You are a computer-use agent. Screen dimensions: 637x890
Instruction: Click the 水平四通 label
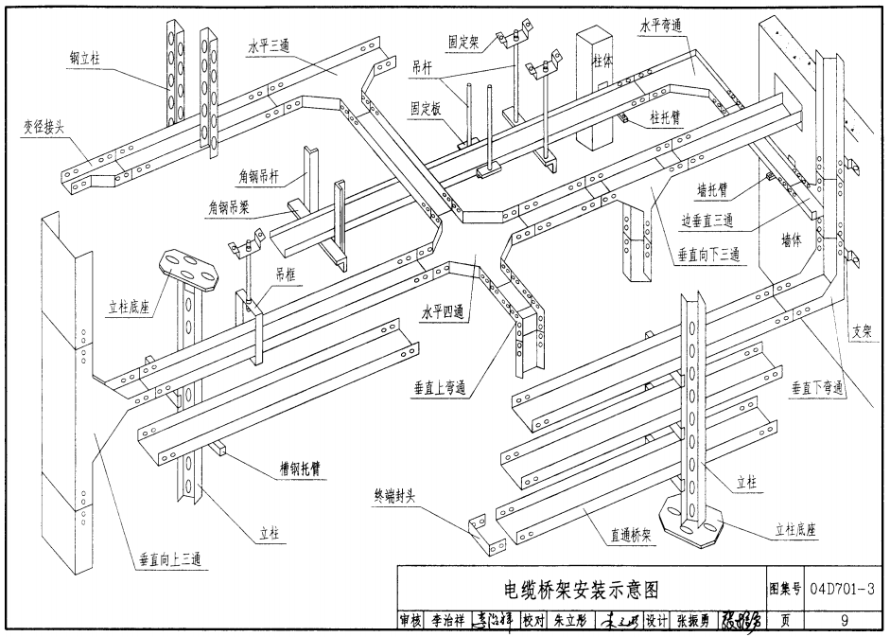point(445,312)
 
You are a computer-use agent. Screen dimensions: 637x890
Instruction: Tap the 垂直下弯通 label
point(817,388)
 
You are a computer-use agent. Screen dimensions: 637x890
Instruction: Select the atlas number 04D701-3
point(844,590)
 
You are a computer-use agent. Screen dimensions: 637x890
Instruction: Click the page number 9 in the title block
point(843,621)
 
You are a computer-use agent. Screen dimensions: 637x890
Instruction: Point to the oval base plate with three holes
point(189,268)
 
